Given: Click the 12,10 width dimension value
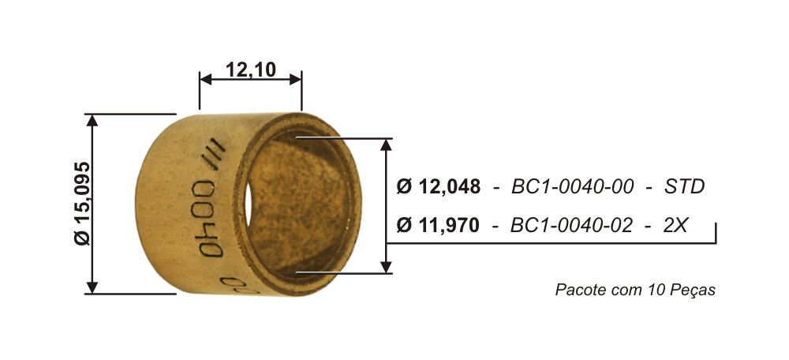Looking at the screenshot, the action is [251, 70].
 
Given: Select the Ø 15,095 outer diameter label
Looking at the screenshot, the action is [82, 204].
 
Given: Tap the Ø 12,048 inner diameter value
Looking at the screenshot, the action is [438, 187].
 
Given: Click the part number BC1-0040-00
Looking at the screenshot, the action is [573, 187].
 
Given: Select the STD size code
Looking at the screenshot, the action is [684, 187].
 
